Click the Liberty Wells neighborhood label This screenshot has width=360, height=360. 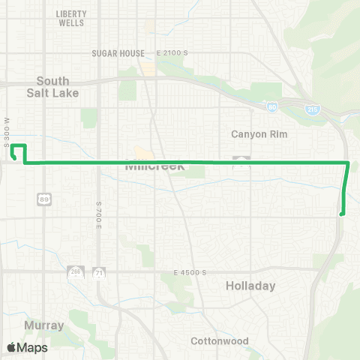coord(71,19)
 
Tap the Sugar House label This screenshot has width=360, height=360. coord(118,53)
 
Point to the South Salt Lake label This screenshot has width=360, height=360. coord(53,86)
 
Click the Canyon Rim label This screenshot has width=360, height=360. coord(259,133)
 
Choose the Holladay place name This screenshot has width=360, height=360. coord(250,286)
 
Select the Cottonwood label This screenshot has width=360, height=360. coord(220,341)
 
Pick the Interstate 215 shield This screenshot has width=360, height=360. coord(310,109)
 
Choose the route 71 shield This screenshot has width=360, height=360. coord(99,271)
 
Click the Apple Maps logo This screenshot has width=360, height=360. coord(27,347)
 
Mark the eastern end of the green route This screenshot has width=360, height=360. coord(342,214)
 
